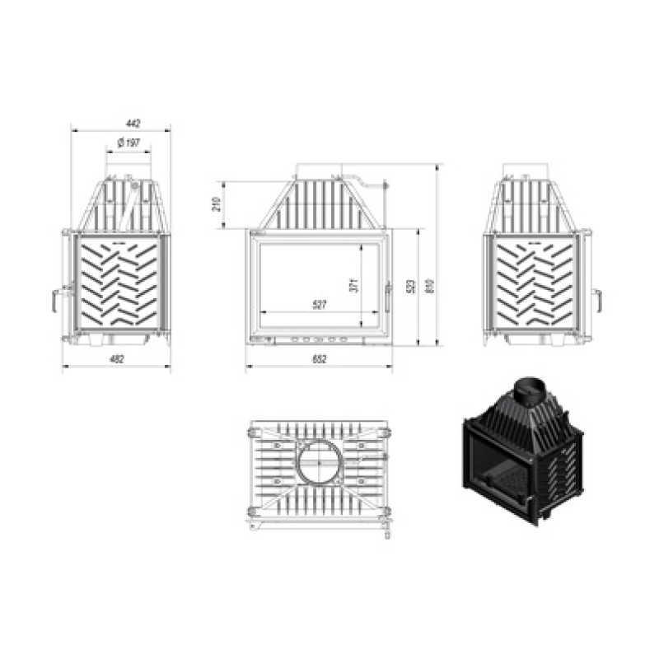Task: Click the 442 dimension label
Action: (133, 124)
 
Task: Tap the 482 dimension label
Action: (117, 358)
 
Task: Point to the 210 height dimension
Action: (215, 204)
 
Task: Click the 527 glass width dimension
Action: (320, 305)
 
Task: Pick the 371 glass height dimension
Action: (353, 286)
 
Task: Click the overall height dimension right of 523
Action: (428, 286)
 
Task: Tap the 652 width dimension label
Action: (320, 358)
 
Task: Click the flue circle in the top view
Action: (318, 465)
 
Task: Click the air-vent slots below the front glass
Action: (317, 339)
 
